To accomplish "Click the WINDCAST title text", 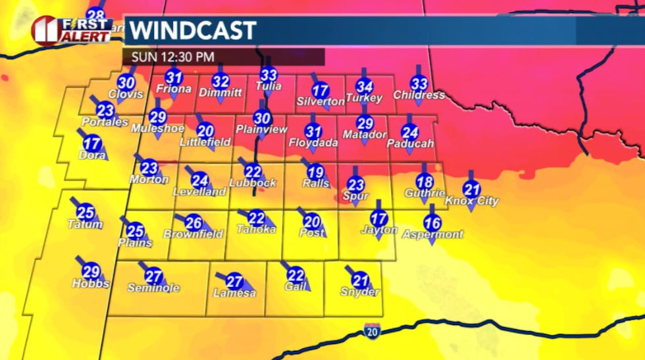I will point(192,30).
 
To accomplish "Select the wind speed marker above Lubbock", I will point(253,170).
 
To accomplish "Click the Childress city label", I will point(419,95).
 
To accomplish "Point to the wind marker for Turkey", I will point(365,86).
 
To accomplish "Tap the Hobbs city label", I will point(91,284).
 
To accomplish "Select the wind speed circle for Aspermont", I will point(432,222).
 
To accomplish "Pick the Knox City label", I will point(472,201).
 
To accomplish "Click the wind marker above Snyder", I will point(359,279).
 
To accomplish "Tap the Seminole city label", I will point(153,288).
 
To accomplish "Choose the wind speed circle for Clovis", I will point(126,83).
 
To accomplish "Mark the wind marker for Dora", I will point(92,143).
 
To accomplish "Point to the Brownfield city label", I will point(193,234).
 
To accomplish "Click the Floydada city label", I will point(313,143).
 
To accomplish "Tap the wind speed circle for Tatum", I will point(86,212).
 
